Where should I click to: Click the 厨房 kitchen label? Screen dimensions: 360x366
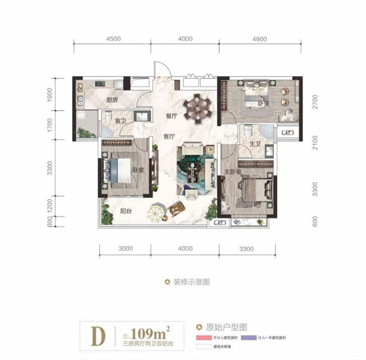click(x=112, y=100)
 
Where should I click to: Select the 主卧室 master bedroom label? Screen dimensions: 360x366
click(x=232, y=172)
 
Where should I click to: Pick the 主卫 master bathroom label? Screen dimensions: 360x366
click(x=256, y=144)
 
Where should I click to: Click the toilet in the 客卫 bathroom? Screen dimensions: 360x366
click(x=108, y=116)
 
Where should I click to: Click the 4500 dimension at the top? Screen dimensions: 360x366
click(x=112, y=39)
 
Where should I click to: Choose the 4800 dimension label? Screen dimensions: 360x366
click(x=259, y=39)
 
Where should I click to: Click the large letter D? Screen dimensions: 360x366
click(x=98, y=336)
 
